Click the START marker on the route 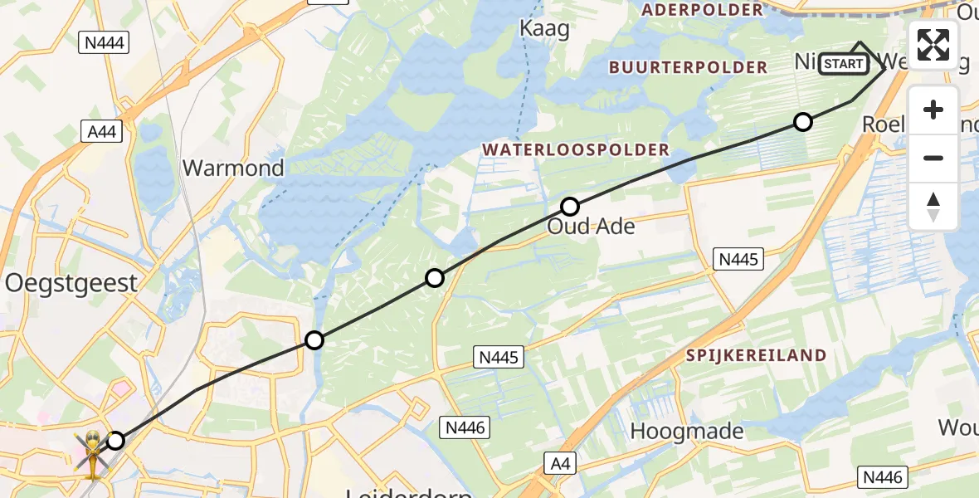[x=844, y=64]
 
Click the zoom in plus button [x=933, y=110]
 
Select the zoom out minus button [x=933, y=158]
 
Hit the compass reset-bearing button [x=933, y=206]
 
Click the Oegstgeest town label [x=71, y=283]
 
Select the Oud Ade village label [x=591, y=227]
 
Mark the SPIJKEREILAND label [x=756, y=355]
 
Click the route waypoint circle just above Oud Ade [x=570, y=206]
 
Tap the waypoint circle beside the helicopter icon [x=116, y=441]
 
